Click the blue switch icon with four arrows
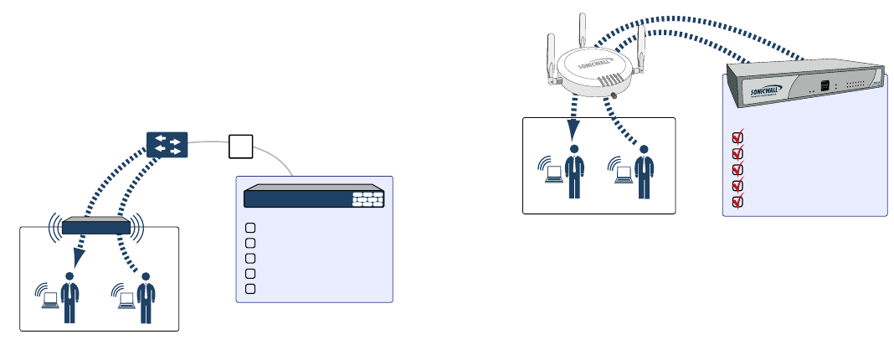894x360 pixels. click(x=167, y=144)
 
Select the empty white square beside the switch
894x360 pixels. click(x=241, y=146)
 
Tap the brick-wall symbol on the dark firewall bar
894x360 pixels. click(x=367, y=199)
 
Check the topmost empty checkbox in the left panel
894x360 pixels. click(x=250, y=228)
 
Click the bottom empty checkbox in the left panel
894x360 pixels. click(x=250, y=289)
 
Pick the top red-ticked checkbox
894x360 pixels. click(x=738, y=136)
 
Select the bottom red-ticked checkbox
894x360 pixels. click(x=738, y=202)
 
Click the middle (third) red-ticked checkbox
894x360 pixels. click(x=738, y=169)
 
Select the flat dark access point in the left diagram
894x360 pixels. click(x=96, y=226)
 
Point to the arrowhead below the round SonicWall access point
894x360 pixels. click(x=573, y=131)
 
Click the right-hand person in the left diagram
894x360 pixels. click(x=146, y=297)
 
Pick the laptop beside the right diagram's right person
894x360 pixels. click(x=624, y=174)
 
